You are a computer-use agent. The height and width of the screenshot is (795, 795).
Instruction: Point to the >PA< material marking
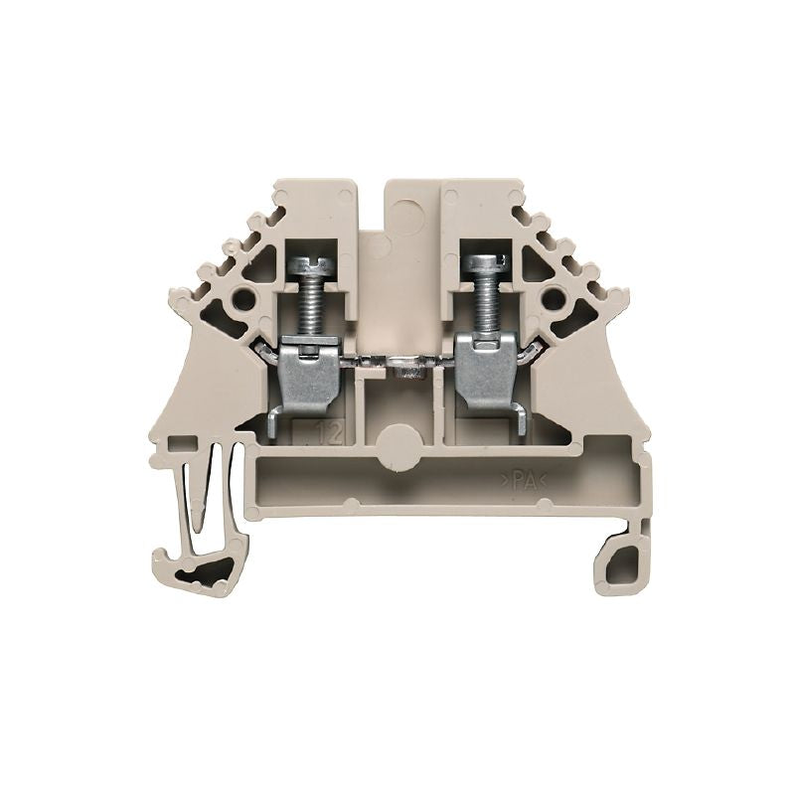[x=533, y=481]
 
